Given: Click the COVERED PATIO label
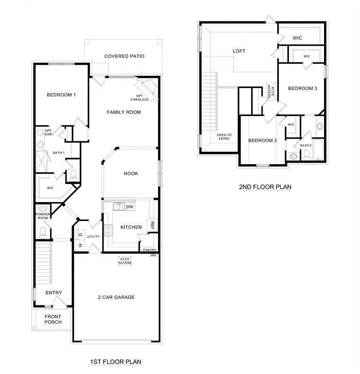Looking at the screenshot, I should pyautogui.click(x=124, y=56).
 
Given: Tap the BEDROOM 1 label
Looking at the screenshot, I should pyautogui.click(x=61, y=94).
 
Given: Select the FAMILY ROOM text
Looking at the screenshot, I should pyautogui.click(x=124, y=112).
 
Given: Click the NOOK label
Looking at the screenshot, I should pyautogui.click(x=131, y=173).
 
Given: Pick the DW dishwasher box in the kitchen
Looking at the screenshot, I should pyautogui.click(x=129, y=207).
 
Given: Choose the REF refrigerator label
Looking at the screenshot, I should pyautogui.click(x=152, y=225).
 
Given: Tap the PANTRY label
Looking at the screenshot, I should pyautogui.click(x=149, y=250).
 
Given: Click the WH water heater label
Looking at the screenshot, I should pyautogui.click(x=153, y=255).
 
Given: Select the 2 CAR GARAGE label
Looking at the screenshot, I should pyautogui.click(x=116, y=297).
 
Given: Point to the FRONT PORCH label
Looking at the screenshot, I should pyautogui.click(x=53, y=319).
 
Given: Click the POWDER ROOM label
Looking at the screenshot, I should pyautogui.click(x=43, y=216).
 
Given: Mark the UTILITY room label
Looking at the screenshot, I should pyautogui.click(x=93, y=237).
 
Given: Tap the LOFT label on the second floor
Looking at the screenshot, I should pyautogui.click(x=239, y=51).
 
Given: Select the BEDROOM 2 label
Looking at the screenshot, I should pyautogui.click(x=262, y=141).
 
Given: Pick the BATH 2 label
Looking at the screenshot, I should pyautogui.click(x=306, y=145).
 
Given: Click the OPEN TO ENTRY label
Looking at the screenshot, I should pyautogui.click(x=224, y=137).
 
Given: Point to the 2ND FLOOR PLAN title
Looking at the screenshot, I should pyautogui.click(x=265, y=187).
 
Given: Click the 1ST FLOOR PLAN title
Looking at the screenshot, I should pyautogui.click(x=116, y=362).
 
